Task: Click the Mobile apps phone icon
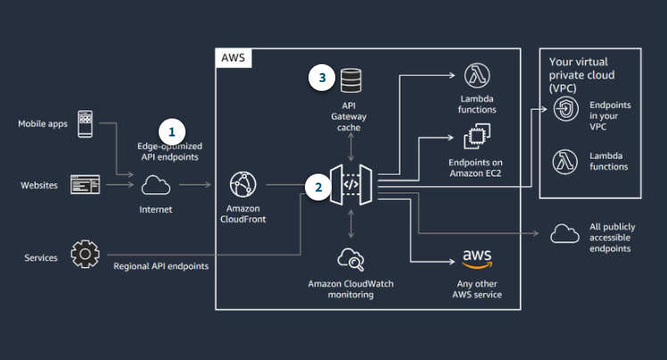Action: coord(86,123)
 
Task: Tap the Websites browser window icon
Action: coord(86,185)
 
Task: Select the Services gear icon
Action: coord(85,257)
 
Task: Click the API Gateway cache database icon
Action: coord(350,78)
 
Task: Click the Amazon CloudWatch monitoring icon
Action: coord(350,259)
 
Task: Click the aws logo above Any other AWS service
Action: coord(476,258)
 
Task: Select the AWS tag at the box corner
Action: coord(234,58)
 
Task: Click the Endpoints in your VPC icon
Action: coord(564,110)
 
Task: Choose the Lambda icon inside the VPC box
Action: coord(564,160)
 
